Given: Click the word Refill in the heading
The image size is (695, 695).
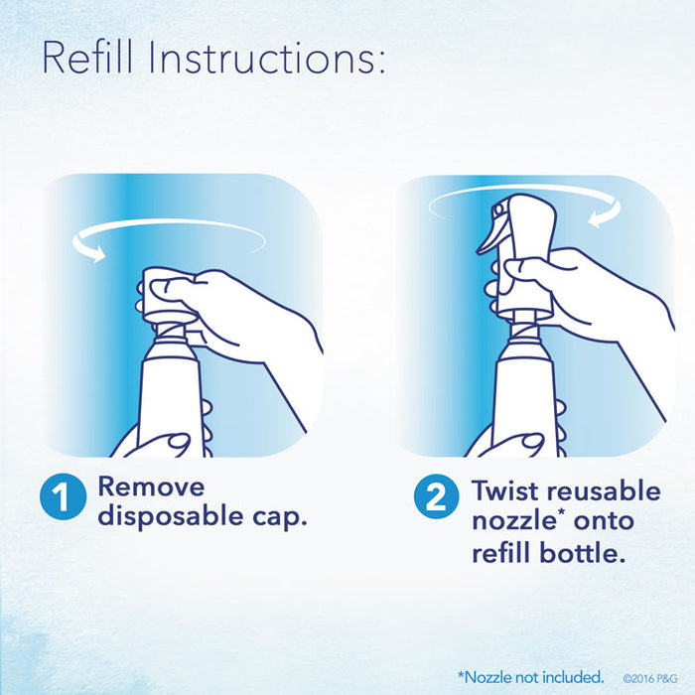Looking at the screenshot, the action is [87, 58].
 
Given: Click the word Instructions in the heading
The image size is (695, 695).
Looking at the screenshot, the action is [267, 58].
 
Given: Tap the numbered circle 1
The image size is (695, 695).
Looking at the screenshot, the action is [63, 496].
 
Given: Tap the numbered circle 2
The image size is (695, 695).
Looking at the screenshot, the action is [437, 496].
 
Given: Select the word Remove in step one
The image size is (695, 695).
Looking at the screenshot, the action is [151, 486].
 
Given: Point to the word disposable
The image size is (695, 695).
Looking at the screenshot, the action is [170, 516].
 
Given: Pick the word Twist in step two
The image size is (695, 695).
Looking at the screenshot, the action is [504, 490].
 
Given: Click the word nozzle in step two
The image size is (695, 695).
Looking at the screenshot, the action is [514, 521].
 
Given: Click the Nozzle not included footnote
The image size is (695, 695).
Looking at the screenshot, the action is [530, 677].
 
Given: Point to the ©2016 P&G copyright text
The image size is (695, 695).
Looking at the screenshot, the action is [650, 678].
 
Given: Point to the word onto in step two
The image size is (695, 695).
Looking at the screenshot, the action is [604, 522].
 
